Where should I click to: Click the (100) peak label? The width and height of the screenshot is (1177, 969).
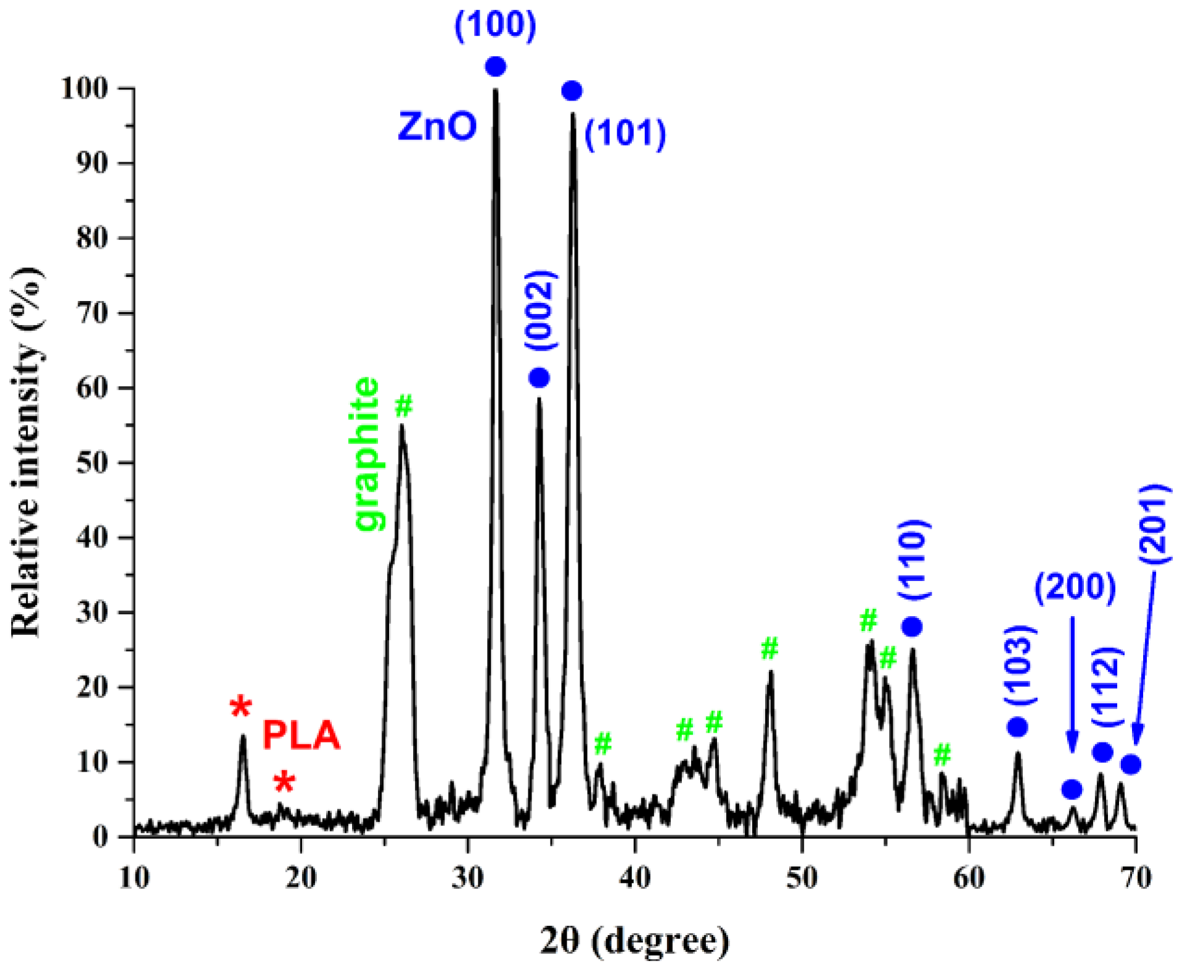pyautogui.click(x=495, y=26)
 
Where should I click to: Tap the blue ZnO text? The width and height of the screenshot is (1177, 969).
pyautogui.click(x=437, y=126)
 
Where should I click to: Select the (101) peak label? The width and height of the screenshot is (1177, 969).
pyautogui.click(x=625, y=133)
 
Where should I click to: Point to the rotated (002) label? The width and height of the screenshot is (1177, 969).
pyautogui.click(x=540, y=310)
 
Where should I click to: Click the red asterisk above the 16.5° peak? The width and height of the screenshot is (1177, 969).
pyautogui.click(x=240, y=706)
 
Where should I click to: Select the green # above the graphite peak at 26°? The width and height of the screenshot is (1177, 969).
pyautogui.click(x=404, y=406)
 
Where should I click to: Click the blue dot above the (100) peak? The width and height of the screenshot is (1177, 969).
pyautogui.click(x=495, y=66)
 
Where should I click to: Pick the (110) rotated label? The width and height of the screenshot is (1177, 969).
pyautogui.click(x=913, y=559)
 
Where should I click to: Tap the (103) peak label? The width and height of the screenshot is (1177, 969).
pyautogui.click(x=1020, y=665)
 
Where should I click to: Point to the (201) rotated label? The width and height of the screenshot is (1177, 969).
pyautogui.click(x=1153, y=523)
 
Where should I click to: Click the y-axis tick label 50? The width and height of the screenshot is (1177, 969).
pyautogui.click(x=92, y=463)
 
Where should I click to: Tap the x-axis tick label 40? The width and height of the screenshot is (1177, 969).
pyautogui.click(x=634, y=878)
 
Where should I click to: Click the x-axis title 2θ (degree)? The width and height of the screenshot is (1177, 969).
pyautogui.click(x=634, y=941)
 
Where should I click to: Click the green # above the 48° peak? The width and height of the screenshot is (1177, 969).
pyautogui.click(x=769, y=648)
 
